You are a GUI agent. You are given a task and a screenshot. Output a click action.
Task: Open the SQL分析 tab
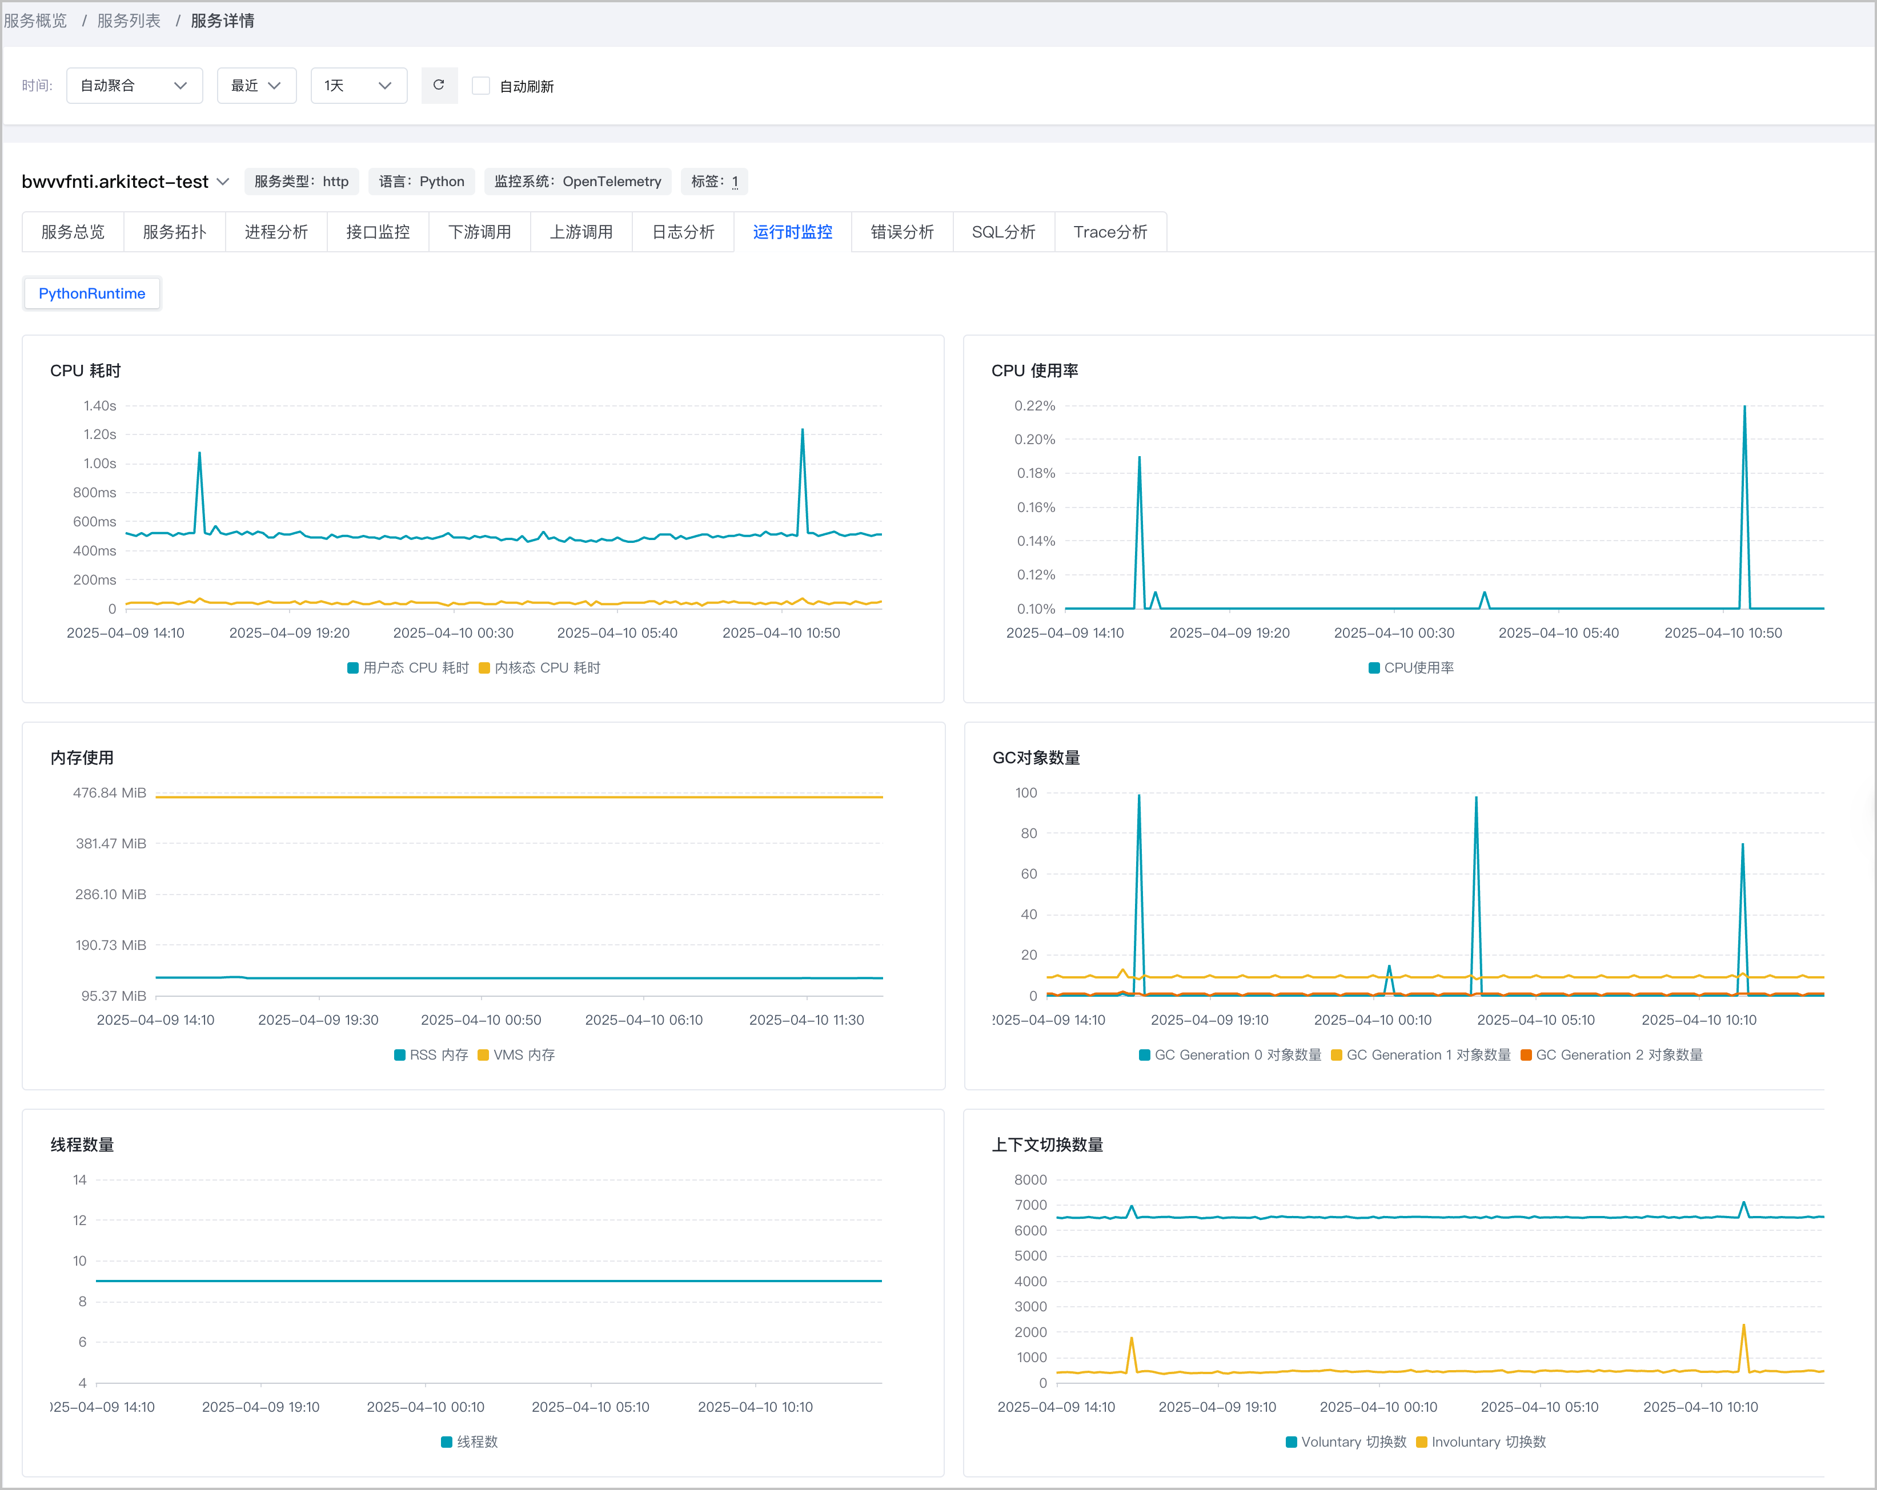(x=1003, y=232)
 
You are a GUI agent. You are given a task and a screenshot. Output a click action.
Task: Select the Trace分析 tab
(x=1110, y=232)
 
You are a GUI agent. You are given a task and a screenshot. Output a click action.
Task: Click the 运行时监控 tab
(x=792, y=232)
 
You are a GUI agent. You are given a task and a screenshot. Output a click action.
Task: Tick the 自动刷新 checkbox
(x=480, y=86)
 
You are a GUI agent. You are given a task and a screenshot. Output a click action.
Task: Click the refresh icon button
(x=439, y=85)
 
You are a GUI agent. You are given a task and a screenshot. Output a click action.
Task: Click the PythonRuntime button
(x=91, y=293)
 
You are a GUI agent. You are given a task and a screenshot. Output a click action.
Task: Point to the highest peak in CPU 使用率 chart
(x=1744, y=406)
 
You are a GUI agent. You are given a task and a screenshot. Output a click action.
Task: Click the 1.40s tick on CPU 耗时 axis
(x=99, y=405)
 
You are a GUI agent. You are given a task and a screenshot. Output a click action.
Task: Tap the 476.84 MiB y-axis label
(x=110, y=793)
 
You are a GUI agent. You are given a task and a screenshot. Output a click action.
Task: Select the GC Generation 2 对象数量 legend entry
(x=1611, y=1055)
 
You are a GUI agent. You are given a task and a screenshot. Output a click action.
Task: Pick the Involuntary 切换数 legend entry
(x=1481, y=1442)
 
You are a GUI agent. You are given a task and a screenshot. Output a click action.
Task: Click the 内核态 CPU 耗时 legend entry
(x=540, y=667)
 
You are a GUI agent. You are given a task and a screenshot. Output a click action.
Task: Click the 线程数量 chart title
(x=82, y=1145)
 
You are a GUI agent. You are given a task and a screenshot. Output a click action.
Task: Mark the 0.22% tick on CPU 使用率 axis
(x=1034, y=405)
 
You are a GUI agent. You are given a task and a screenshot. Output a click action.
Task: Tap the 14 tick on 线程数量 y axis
(x=79, y=1180)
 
